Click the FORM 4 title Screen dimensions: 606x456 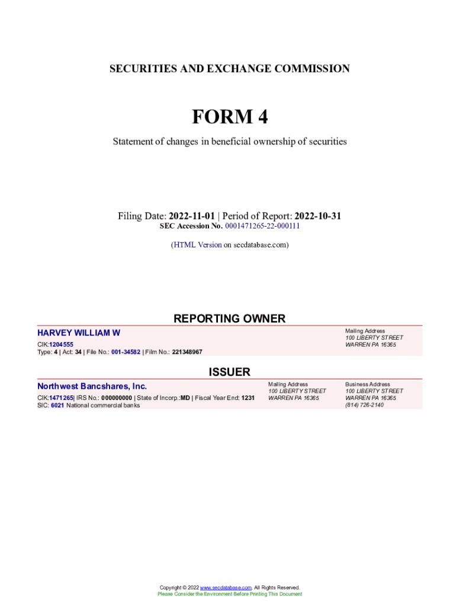point(229,117)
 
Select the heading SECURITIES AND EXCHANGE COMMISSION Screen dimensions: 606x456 point(229,69)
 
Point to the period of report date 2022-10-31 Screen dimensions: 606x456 point(317,216)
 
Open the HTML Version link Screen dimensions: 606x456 point(198,244)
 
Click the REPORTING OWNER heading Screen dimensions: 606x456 point(229,318)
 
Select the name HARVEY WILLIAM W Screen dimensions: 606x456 point(79,333)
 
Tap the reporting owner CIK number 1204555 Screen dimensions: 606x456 point(62,344)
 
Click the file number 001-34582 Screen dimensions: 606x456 point(121,352)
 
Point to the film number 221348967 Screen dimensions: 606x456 point(187,352)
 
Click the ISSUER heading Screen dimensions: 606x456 point(229,372)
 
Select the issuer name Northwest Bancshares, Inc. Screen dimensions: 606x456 point(92,386)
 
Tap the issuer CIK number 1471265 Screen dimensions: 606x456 point(61,398)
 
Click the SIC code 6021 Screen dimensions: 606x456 point(57,405)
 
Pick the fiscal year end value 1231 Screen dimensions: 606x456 point(248,398)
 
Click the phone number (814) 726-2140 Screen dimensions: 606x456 point(364,405)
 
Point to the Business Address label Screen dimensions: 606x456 point(367,384)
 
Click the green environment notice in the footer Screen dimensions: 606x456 point(229,594)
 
